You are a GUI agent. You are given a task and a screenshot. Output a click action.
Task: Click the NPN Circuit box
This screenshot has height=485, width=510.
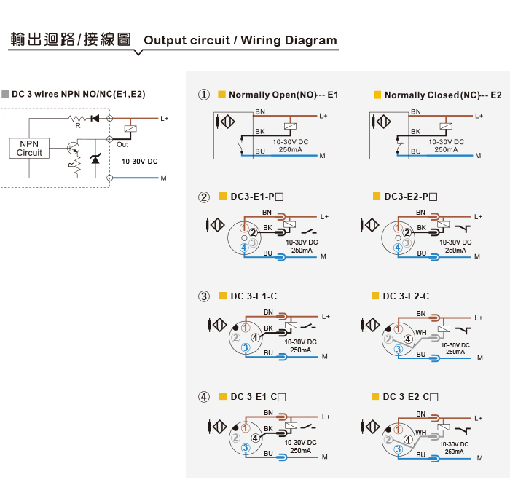pyautogui.click(x=29, y=148)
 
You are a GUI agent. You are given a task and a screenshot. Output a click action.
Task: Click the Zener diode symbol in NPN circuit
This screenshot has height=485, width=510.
pyautogui.click(x=94, y=162)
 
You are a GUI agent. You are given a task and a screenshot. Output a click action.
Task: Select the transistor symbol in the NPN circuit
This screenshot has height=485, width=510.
pyautogui.click(x=71, y=148)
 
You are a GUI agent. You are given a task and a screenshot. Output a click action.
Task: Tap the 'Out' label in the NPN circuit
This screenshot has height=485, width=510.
pyautogui.click(x=122, y=145)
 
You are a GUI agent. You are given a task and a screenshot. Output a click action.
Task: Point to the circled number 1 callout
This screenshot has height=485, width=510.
pyautogui.click(x=205, y=95)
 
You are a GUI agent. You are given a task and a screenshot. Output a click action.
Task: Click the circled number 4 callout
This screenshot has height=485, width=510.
pyautogui.click(x=205, y=397)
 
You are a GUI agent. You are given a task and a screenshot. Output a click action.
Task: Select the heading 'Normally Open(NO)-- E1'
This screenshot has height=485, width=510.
pyautogui.click(x=283, y=95)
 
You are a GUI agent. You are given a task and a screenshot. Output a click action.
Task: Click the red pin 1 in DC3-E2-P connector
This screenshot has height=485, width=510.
pyautogui.click(x=398, y=227)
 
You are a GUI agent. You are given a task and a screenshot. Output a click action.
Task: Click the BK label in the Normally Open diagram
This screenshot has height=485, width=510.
pyautogui.click(x=259, y=132)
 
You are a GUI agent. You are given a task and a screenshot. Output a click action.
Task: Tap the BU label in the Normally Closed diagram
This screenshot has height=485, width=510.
pyautogui.click(x=415, y=151)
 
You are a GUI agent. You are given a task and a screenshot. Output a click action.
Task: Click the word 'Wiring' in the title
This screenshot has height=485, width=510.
pyautogui.click(x=266, y=40)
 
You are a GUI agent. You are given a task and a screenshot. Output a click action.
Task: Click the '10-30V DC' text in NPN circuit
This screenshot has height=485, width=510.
pyautogui.click(x=140, y=161)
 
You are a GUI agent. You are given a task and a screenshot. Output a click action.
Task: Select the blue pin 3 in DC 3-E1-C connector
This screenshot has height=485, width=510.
pyautogui.click(x=246, y=349)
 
